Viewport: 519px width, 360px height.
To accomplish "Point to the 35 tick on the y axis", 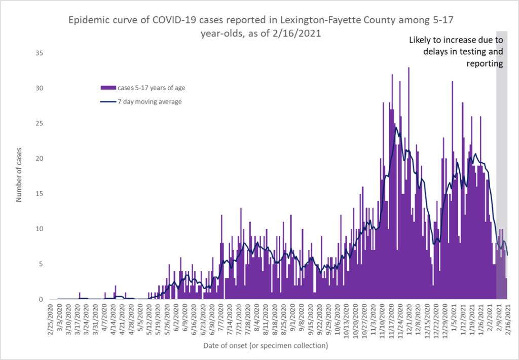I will point(39,53).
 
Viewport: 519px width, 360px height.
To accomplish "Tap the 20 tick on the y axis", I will point(39,158).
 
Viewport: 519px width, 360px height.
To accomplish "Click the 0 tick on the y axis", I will point(41,299).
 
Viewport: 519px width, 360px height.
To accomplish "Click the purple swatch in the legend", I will point(107,88).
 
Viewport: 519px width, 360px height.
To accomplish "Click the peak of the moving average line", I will point(396,127).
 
